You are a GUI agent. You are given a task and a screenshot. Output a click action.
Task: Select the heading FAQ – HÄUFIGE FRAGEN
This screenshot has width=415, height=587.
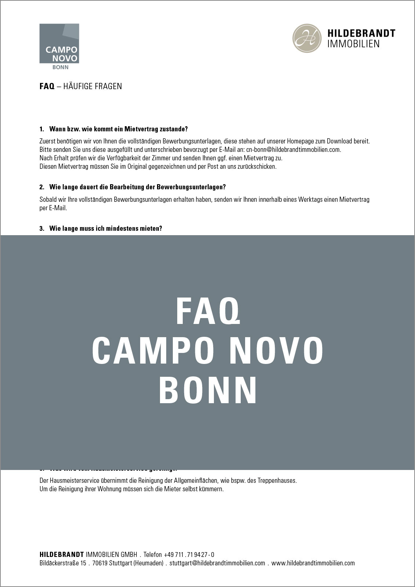[80, 86]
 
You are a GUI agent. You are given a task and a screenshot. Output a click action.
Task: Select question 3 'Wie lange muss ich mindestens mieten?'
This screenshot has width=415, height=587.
[105, 229]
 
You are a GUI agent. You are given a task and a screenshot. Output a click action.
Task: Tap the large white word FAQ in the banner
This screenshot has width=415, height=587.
[208, 311]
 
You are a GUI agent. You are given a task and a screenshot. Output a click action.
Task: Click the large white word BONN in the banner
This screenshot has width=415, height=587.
[208, 390]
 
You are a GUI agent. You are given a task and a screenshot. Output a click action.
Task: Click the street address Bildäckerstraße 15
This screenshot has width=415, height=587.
[63, 563]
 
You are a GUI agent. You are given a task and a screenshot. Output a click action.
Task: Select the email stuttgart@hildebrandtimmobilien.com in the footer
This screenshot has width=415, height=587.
[217, 563]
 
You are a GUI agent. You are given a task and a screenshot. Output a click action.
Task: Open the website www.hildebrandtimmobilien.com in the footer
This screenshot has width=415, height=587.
[313, 563]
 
